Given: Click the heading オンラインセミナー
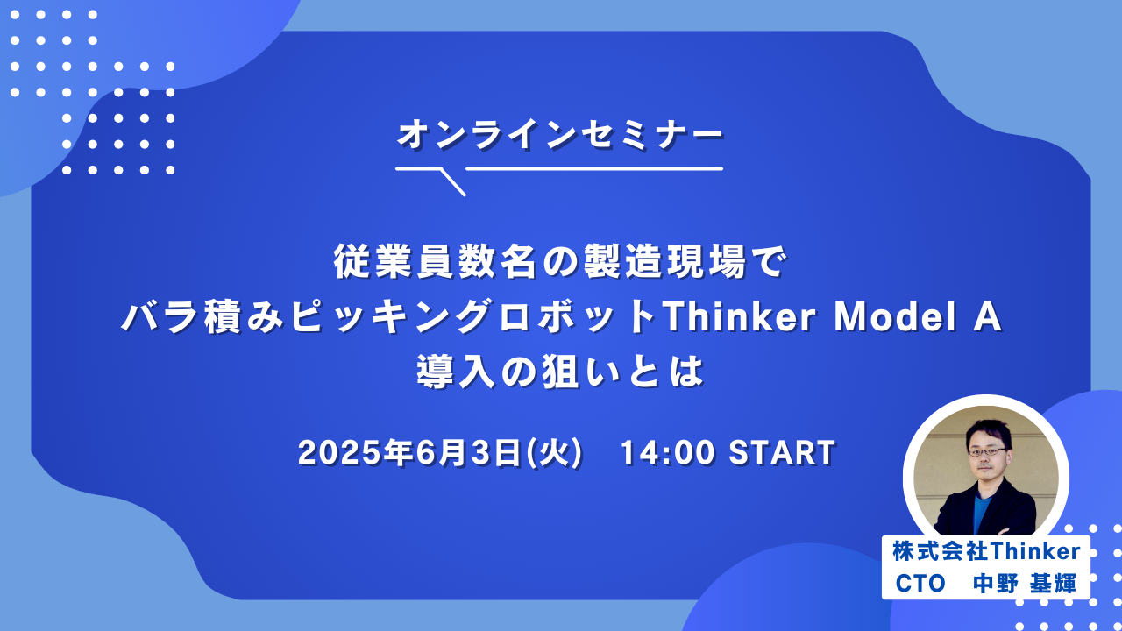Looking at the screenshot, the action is pyautogui.click(x=560, y=135).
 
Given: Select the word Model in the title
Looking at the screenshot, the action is pyautogui.click(x=896, y=316).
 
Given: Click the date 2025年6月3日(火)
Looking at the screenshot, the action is pyautogui.click(x=441, y=453).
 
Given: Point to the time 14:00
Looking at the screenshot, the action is pyautogui.click(x=668, y=453).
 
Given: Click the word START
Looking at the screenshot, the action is pyautogui.click(x=782, y=453).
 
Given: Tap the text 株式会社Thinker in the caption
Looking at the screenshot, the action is pyautogui.click(x=986, y=551).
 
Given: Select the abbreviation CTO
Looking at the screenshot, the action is pyautogui.click(x=920, y=584).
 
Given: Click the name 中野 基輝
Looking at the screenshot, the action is pyautogui.click(x=1025, y=584).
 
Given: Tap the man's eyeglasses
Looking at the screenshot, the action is pyautogui.click(x=987, y=452).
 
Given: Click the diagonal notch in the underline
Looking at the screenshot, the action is pyautogui.click(x=453, y=182).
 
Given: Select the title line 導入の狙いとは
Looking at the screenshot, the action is pyautogui.click(x=561, y=372).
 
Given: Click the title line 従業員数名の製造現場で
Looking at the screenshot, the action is pyautogui.click(x=560, y=261).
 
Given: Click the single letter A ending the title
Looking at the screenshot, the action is pyautogui.click(x=988, y=316).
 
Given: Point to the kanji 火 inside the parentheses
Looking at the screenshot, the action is pyautogui.click(x=555, y=453).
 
